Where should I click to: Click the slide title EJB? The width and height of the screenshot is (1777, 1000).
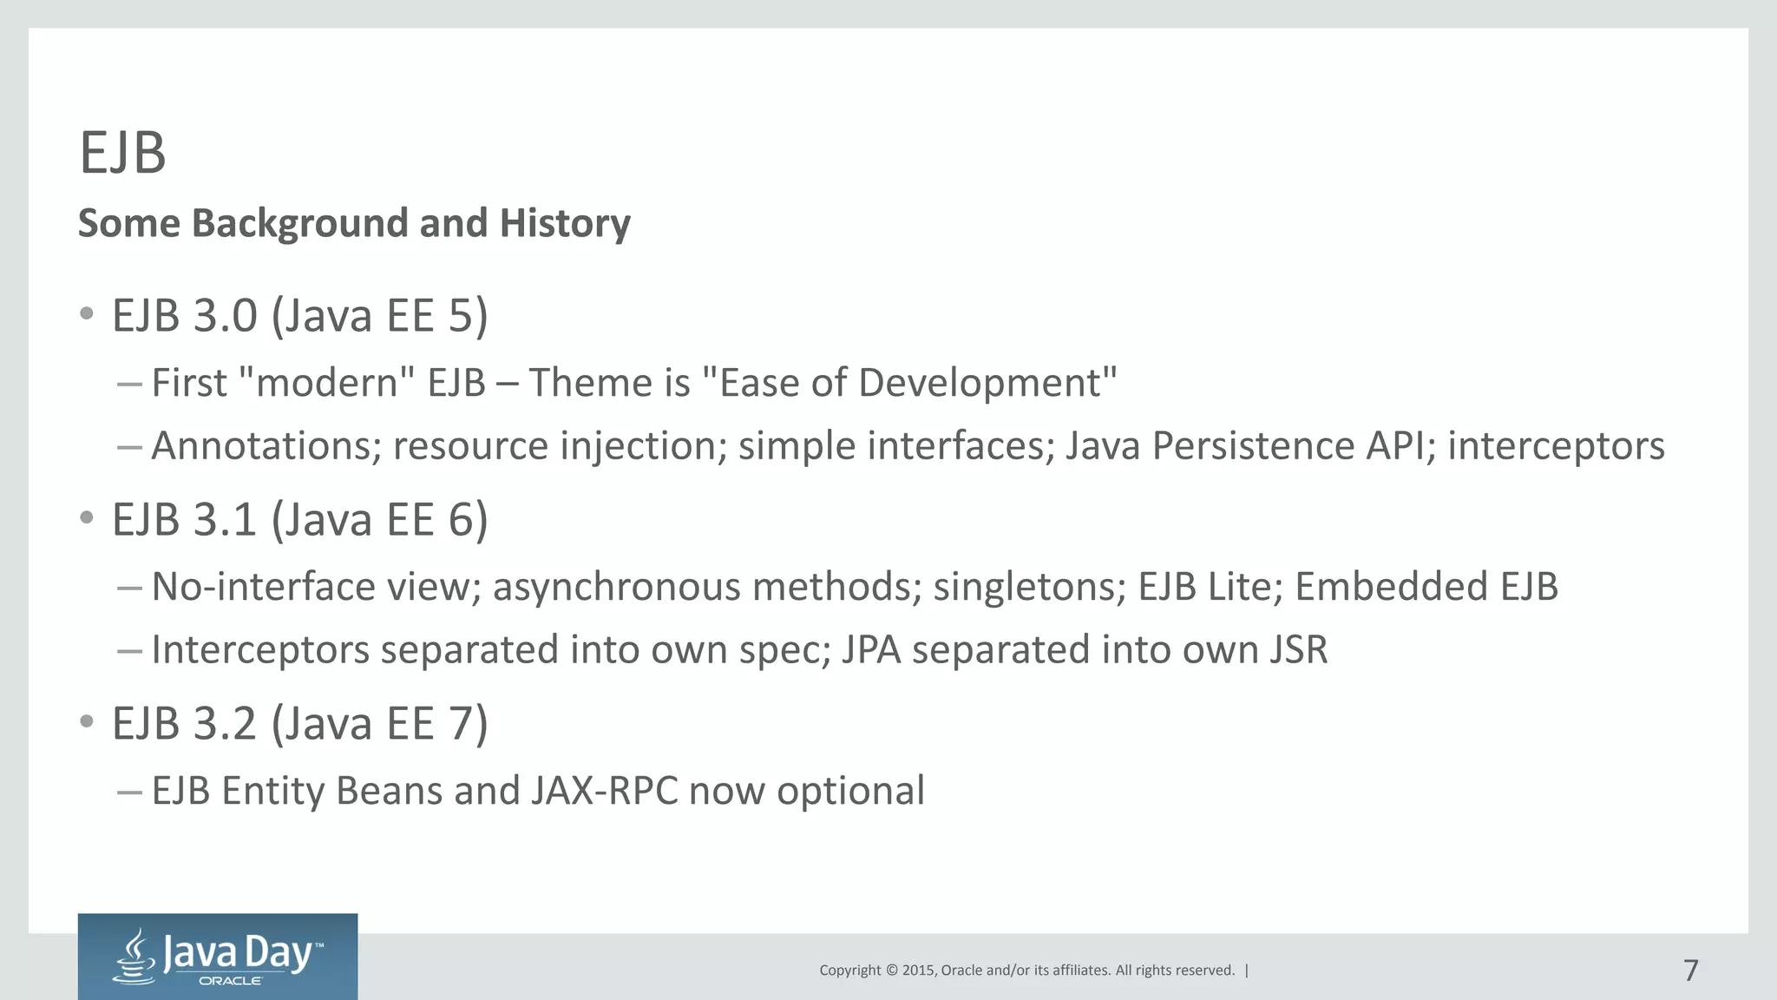click(122, 154)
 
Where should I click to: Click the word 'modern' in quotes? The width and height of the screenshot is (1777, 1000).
click(327, 383)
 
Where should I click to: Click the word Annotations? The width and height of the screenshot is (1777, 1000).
click(266, 446)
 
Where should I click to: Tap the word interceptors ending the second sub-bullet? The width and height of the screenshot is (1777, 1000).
click(1556, 446)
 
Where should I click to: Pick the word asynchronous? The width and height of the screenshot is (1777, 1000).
click(617, 587)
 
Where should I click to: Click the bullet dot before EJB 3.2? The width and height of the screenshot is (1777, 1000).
click(86, 721)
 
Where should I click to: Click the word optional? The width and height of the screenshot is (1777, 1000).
click(850, 791)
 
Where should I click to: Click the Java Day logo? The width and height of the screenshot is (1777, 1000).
click(217, 956)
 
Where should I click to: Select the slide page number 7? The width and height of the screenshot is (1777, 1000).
click(1690, 970)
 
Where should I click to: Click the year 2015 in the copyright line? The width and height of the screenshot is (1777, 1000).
click(918, 970)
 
